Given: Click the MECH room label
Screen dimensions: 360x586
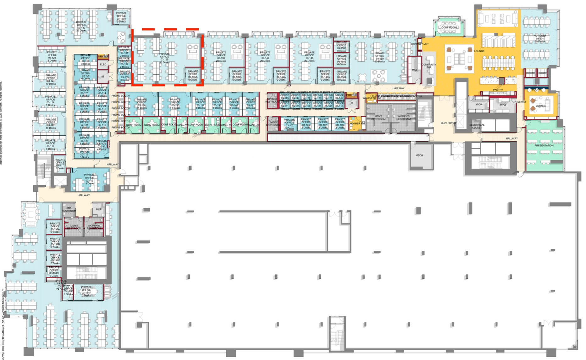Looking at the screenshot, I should pos(419,155).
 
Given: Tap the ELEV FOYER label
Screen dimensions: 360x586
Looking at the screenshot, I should pos(448,123).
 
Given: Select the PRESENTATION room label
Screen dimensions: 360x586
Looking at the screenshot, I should pos(544,145).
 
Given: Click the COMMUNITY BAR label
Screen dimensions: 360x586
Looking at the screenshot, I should pos(429,66).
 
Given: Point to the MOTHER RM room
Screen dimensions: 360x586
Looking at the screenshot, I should pos(357,123).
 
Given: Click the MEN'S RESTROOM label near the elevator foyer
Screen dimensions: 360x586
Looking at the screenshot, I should pos(378,118).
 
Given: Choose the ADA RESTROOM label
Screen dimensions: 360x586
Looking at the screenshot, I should pos(69,209).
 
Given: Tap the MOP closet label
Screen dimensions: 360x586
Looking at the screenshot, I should pos(99,209).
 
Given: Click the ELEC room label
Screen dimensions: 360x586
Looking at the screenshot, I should pos(103,64).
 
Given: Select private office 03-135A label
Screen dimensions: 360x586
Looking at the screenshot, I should pos(193,75).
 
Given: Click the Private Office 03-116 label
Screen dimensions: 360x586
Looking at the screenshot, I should pos(89,179).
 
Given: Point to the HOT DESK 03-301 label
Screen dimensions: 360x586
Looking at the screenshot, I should pos(540,38).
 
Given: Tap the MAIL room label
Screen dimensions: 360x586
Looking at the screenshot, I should pos(415,70).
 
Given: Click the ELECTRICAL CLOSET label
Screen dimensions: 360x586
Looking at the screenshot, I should pos(477,126).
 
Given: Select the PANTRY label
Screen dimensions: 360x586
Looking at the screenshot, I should pos(498,90).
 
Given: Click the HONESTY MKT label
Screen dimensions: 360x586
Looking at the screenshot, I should pos(420,44).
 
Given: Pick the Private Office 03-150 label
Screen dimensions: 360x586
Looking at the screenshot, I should pos(379,57).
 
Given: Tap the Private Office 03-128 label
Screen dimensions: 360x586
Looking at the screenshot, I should pos(52,56).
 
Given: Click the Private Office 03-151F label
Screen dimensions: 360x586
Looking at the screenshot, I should pos(86,291).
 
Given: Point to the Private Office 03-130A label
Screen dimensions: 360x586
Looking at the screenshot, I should pos(121,17).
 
